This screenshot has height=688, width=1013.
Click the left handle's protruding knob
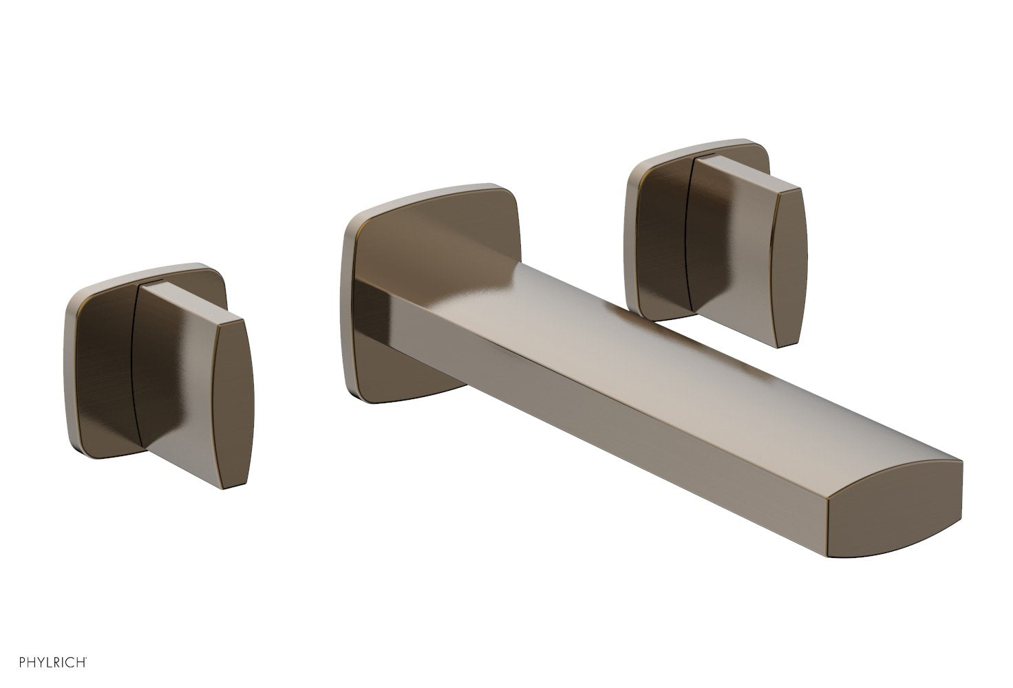tap(186, 385)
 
